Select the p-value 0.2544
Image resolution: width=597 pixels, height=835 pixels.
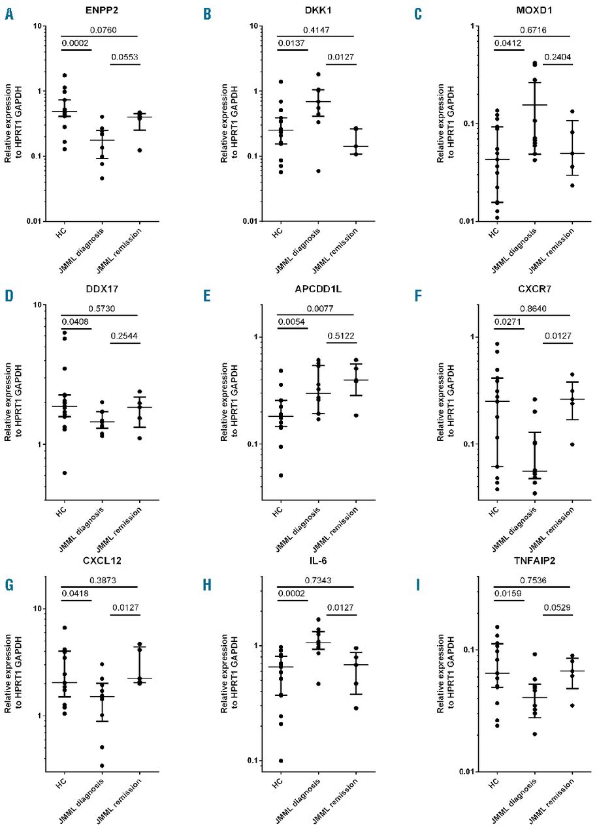(x=124, y=337)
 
